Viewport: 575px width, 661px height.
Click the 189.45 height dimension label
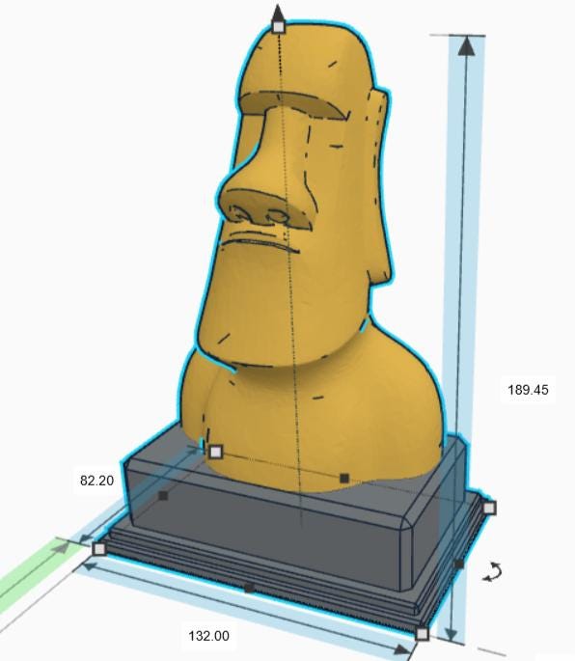(528, 390)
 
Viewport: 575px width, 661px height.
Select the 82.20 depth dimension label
(96, 480)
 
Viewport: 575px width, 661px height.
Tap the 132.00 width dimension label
(208, 636)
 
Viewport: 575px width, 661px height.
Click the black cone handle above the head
(278, 12)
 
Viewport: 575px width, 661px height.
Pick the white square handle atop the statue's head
(278, 27)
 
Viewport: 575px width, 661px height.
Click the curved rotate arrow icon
(493, 572)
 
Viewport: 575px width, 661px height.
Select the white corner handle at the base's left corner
(99, 548)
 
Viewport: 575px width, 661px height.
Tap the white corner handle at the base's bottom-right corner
(422, 634)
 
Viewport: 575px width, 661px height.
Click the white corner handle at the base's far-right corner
(488, 508)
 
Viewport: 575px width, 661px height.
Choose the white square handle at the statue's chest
(215, 451)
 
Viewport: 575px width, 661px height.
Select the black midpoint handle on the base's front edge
(249, 587)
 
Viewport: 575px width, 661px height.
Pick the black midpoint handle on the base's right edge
(458, 563)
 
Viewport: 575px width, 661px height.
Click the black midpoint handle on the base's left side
(163, 496)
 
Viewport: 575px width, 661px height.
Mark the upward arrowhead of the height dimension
(467, 46)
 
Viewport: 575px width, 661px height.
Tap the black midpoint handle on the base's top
(344, 478)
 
